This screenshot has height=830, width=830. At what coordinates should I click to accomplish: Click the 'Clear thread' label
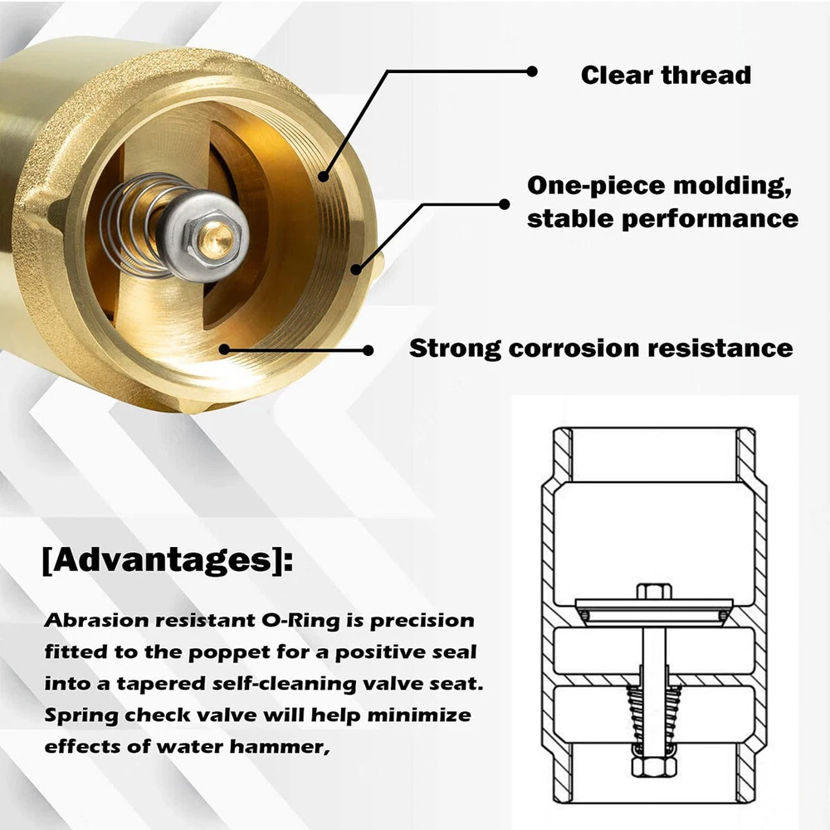(666, 75)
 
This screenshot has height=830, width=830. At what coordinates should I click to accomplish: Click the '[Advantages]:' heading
(168, 559)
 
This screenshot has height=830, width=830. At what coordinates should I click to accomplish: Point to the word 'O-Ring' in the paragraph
(300, 620)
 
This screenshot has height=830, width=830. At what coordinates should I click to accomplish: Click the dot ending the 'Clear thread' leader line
(532, 71)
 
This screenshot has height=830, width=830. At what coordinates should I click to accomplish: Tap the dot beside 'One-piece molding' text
(505, 204)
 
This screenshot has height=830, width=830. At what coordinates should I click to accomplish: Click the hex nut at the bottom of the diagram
(654, 767)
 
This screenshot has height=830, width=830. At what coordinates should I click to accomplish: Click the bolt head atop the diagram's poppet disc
(654, 591)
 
